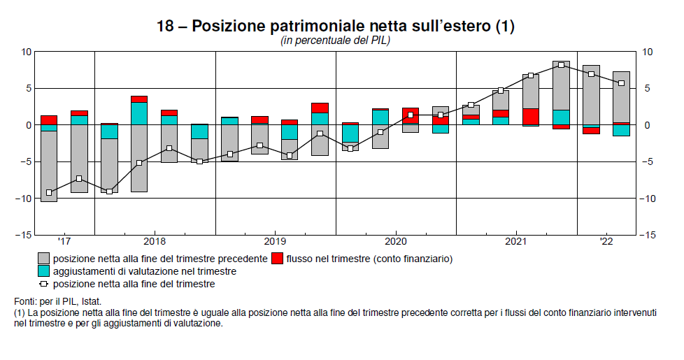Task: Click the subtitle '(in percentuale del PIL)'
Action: pos(335,41)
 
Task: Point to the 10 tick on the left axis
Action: pos(27,52)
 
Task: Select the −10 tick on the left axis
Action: pos(24,199)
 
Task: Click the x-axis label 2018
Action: pos(155,242)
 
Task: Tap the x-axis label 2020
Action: pos(396,242)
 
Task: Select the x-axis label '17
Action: pos(64,242)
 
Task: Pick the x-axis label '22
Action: pos(606,242)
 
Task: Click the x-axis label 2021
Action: pos(516,242)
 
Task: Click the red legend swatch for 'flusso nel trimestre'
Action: pos(278,259)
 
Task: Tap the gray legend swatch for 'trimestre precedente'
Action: pos(43,259)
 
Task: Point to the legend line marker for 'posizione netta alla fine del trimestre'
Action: pos(43,284)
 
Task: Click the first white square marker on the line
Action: pos(49,192)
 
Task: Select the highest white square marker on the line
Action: pos(562,65)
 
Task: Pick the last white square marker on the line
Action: pos(621,83)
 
